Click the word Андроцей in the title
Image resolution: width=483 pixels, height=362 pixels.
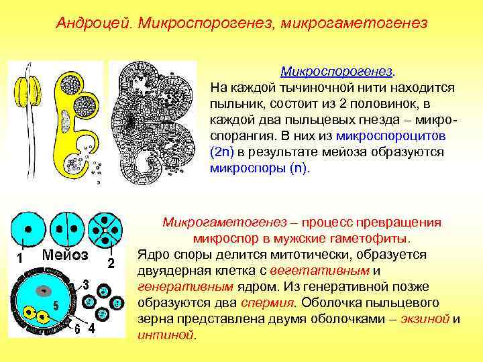(94, 23)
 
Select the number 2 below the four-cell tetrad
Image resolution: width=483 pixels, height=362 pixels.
(112, 261)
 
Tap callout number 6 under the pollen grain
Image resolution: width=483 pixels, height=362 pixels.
(78, 329)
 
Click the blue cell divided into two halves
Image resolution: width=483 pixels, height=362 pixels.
(66, 229)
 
